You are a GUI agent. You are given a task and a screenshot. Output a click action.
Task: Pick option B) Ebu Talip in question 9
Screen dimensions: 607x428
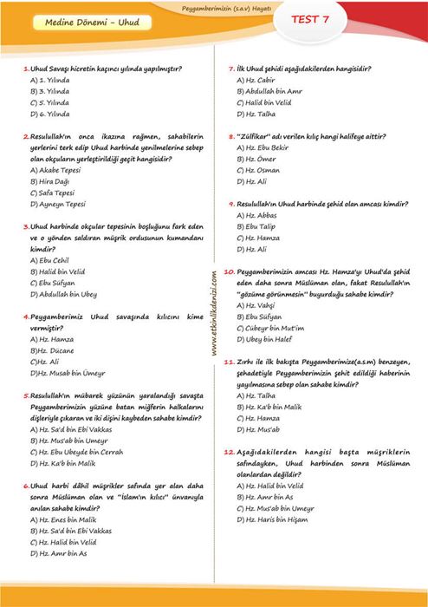click(x=261, y=226)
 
